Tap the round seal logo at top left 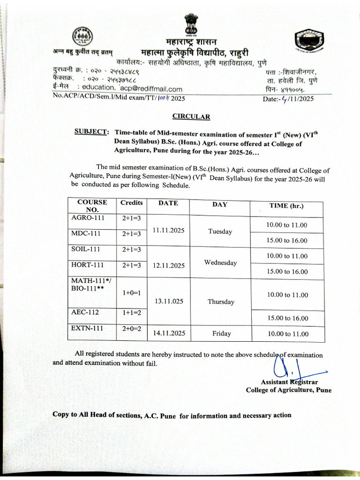pos(83,36)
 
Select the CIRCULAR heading pos(191,116)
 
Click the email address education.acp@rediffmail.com pos(132,89)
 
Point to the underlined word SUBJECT pos(92,132)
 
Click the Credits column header pos(132,202)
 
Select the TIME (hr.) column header pos(286,205)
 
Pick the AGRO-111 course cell pos(88,218)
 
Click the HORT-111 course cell pos(87,265)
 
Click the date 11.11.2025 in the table pos(169,230)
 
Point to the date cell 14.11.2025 pos(169,333)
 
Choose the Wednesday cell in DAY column pos(220,262)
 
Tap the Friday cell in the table pos(221,333)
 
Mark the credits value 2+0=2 pos(132,329)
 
